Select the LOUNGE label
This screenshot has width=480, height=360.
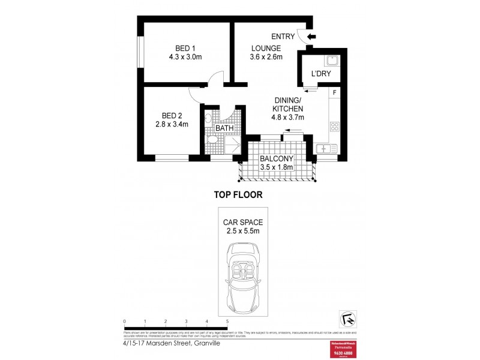click(266, 49)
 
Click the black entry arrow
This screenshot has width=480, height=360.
click(311, 37)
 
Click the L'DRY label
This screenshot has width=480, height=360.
click(321, 74)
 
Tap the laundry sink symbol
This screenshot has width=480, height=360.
click(331, 60)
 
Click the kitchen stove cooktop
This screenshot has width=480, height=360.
click(334, 127)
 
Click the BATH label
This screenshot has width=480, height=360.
click(224, 128)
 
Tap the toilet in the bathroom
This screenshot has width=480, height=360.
click(211, 140)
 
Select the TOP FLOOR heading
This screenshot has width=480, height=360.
click(239, 194)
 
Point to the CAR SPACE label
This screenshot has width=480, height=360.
click(244, 221)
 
